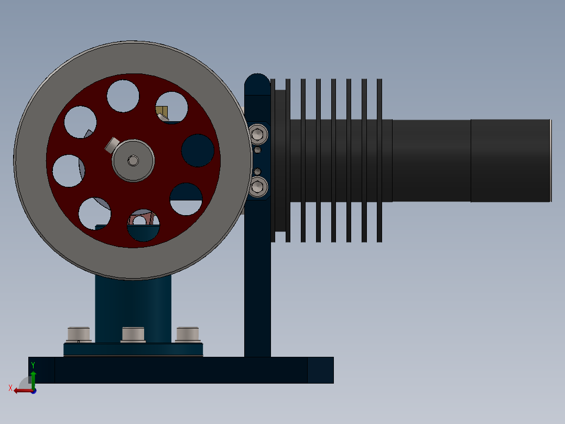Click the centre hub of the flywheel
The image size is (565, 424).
[x=133, y=161]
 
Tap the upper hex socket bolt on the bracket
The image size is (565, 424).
[x=258, y=134]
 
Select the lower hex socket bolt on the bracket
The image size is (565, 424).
[x=258, y=187]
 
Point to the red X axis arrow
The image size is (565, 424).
[x=24, y=391]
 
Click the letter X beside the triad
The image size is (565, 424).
[x=10, y=388]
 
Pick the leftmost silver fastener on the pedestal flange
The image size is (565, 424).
[x=79, y=334]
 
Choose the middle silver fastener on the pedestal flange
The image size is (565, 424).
[x=133, y=334]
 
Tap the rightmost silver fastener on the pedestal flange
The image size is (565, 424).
[x=188, y=334]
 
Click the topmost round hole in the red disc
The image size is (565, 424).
[x=123, y=96]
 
